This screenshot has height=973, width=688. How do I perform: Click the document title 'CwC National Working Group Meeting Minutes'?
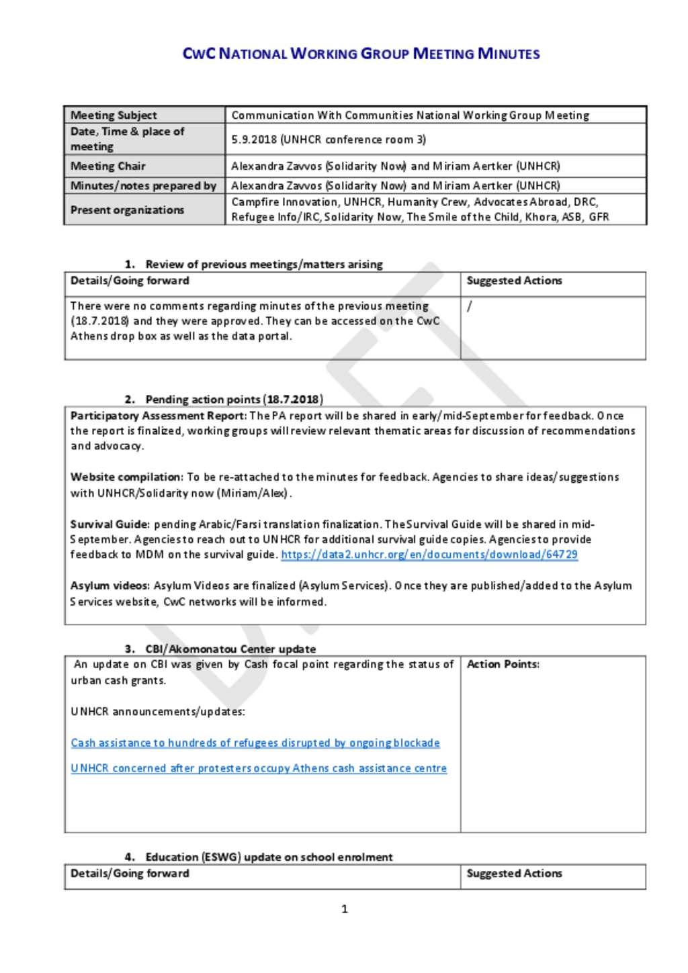tap(361, 54)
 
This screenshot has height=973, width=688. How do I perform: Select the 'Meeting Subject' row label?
tap(114, 115)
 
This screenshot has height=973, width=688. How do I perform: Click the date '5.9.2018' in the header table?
tap(254, 140)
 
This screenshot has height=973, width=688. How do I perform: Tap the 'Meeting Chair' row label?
tap(108, 166)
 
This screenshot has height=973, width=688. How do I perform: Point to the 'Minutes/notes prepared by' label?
tap(143, 185)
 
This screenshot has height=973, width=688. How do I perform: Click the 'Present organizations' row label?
tap(127, 210)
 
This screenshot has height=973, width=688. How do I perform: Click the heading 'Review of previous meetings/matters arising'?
tap(263, 264)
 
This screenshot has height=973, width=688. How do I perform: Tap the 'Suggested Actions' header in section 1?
tap(514, 281)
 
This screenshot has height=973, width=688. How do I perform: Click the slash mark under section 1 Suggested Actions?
tap(469, 306)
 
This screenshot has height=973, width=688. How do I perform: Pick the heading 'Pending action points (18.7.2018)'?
tap(234, 400)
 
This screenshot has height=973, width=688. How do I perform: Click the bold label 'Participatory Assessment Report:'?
tap(159, 416)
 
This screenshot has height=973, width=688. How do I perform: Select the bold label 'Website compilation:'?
tap(127, 477)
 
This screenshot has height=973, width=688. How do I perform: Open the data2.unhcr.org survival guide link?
tap(429, 555)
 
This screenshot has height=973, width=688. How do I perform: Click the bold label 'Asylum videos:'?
tap(110, 586)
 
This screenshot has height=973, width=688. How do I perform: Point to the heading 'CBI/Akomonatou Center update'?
tap(230, 649)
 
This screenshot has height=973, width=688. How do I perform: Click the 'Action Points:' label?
tap(503, 664)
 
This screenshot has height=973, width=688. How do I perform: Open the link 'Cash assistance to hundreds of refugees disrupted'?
tap(255, 743)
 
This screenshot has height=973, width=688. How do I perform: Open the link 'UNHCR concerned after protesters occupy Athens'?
tap(259, 768)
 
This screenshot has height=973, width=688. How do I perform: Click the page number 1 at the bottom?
tap(345, 909)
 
